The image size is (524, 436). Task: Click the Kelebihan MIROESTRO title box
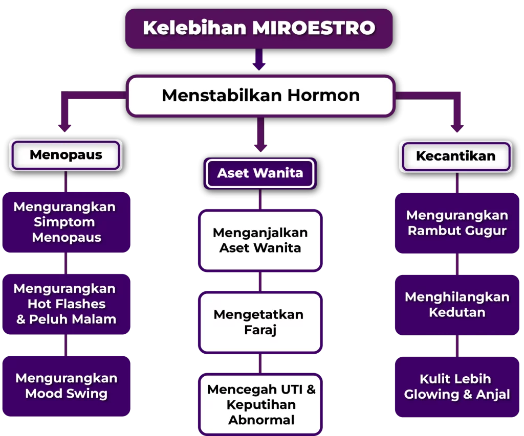(259, 29)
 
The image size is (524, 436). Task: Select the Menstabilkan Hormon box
(260, 96)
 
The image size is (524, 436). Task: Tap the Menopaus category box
(66, 155)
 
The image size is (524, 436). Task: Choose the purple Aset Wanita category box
(260, 173)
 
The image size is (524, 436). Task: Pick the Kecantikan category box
(456, 156)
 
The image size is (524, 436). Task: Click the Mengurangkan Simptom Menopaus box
(66, 222)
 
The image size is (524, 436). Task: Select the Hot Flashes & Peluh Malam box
(66, 304)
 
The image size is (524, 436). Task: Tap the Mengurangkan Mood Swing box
(66, 386)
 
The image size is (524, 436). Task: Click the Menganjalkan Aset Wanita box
(260, 240)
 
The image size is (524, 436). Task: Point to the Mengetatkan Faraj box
(260, 322)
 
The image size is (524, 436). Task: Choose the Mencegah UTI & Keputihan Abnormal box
(260, 404)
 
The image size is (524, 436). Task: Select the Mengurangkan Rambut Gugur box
(457, 223)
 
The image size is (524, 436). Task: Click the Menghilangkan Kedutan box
(457, 305)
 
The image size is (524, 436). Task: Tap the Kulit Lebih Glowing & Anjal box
(457, 387)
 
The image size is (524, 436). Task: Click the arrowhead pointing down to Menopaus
(64, 128)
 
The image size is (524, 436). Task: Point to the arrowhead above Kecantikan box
(457, 128)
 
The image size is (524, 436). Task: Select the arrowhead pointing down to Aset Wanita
(260, 148)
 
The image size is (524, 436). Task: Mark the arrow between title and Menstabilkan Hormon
(259, 59)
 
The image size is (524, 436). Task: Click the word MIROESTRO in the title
(314, 28)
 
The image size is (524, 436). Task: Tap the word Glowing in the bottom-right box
(431, 395)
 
